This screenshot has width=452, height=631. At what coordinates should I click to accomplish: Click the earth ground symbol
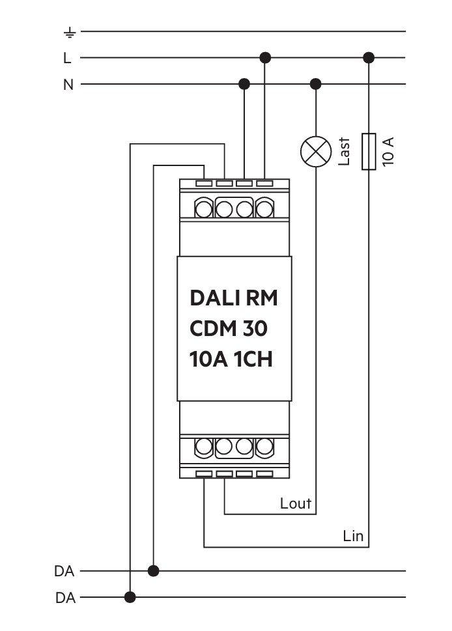pos(70,32)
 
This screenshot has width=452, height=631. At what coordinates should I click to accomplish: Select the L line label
pos(67,58)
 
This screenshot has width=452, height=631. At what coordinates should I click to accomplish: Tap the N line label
pos(68,85)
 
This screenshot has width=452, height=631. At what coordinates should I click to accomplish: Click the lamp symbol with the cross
pos(316,152)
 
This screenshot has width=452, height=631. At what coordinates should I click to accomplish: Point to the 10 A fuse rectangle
pos(369,151)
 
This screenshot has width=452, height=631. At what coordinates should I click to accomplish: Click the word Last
pos(344,151)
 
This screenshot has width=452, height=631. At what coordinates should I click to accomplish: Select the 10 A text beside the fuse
pos(388,152)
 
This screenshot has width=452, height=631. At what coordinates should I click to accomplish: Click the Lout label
pos(296,503)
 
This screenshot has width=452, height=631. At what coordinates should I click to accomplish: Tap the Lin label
pos(353,536)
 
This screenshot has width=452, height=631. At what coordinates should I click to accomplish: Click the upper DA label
pos(64,571)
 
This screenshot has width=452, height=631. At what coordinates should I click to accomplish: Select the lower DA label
pos(65,598)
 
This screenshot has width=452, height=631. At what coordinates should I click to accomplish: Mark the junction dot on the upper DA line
pos(153,570)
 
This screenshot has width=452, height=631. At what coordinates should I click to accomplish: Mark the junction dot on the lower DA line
pos(130,597)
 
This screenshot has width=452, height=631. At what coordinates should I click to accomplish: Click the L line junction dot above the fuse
pos(369,57)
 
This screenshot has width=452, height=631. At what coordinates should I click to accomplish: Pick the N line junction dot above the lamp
pos(316,84)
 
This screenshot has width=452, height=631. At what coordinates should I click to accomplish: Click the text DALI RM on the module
pos(234,298)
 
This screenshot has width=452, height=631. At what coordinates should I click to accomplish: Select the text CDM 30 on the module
pos(229,329)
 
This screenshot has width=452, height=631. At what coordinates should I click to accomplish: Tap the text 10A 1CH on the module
pos(231,359)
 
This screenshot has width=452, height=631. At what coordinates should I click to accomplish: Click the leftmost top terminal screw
pos(203,209)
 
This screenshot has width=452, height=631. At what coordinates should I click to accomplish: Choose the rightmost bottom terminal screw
pos(264,446)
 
